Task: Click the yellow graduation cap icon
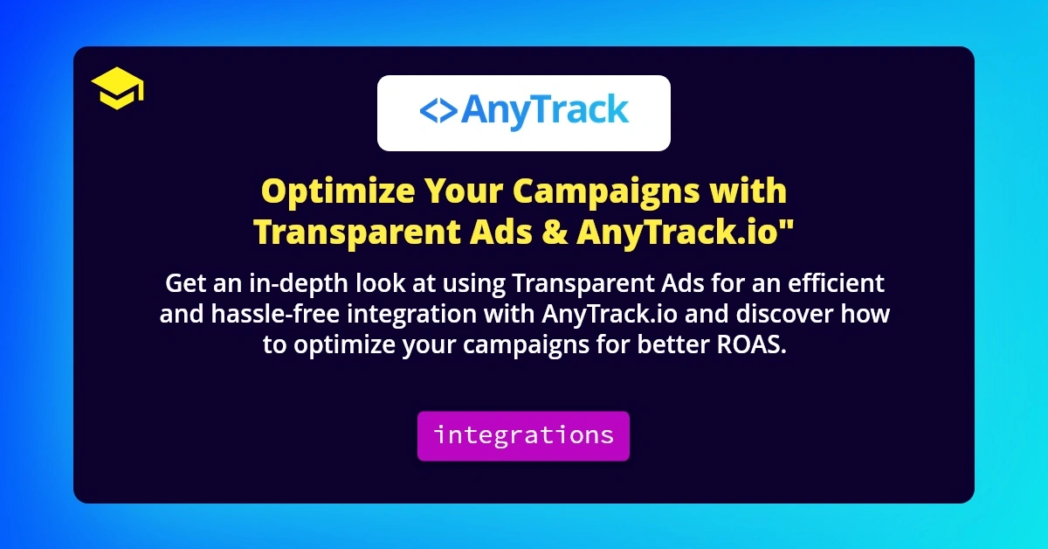(117, 90)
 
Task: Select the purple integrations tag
(523, 435)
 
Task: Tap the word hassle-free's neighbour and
(181, 314)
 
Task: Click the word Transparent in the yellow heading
(357, 233)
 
